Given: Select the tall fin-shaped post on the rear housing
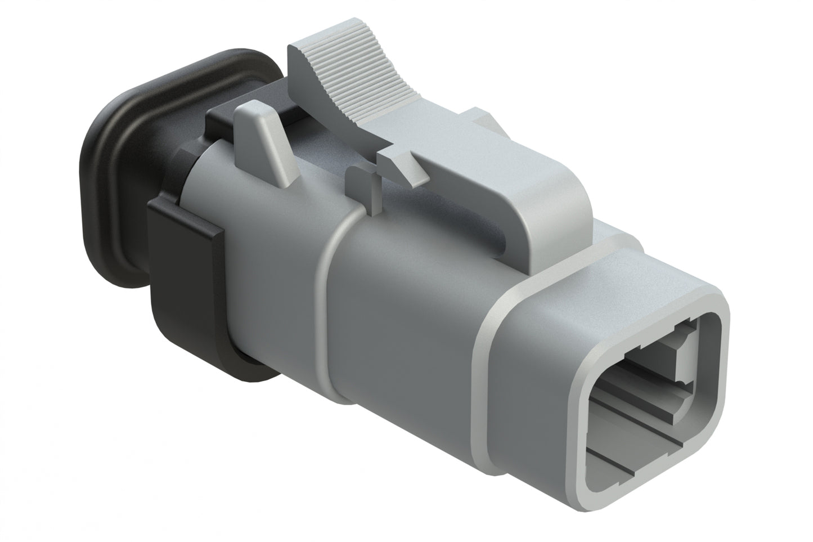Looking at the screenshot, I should coord(264,141).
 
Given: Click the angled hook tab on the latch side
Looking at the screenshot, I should coord(405,166).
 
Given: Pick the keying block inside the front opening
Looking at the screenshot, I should coord(684,355).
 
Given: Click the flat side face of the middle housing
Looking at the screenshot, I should coord(405,315).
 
